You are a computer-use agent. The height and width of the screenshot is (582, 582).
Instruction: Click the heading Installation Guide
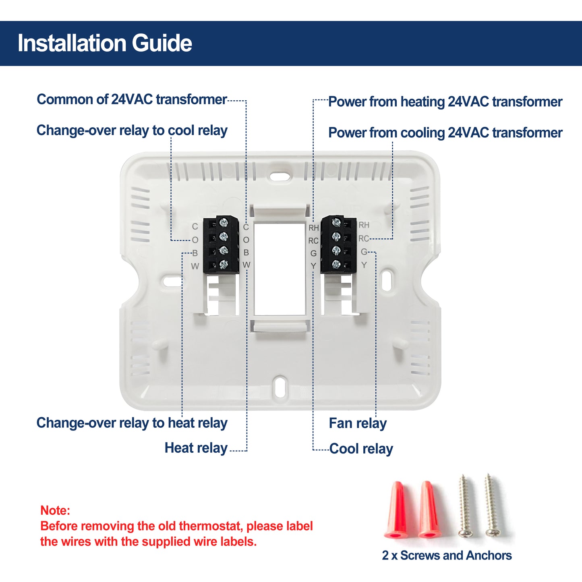click(105, 43)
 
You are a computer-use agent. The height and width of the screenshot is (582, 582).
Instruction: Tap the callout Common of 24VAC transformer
click(132, 99)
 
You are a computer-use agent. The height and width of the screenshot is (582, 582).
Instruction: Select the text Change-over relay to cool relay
click(132, 130)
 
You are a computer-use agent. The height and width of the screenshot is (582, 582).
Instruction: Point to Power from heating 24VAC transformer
click(445, 102)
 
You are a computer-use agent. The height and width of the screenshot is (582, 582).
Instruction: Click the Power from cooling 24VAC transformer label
click(445, 133)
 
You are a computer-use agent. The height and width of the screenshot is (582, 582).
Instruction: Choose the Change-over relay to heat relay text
click(132, 423)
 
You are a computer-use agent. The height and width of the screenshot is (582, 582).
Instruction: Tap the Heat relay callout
click(196, 448)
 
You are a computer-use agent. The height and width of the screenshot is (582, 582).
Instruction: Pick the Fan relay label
click(358, 423)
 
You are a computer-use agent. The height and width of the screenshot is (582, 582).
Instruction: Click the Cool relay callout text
click(361, 449)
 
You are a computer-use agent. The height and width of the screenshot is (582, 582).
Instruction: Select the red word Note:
click(55, 510)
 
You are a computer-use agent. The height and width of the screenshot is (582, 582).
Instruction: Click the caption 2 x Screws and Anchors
click(447, 555)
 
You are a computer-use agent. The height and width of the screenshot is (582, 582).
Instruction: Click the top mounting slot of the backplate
click(280, 177)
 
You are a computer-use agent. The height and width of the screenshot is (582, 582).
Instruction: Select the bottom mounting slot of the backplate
click(281, 387)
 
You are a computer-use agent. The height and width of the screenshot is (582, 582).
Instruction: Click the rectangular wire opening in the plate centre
click(280, 269)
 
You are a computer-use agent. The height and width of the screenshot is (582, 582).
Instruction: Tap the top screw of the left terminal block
click(224, 223)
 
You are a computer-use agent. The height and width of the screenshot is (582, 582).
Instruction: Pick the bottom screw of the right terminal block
click(336, 265)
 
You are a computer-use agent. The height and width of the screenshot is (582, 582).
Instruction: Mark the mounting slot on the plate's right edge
click(387, 281)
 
